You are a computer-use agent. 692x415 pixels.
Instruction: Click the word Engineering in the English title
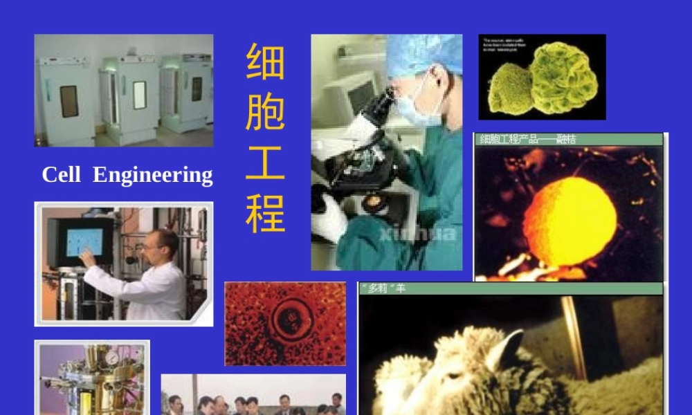point(153,176)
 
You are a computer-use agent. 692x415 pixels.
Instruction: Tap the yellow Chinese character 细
point(266,61)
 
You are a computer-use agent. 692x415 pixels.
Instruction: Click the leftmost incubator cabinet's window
point(69,101)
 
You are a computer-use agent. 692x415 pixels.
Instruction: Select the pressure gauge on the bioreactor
point(111,358)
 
